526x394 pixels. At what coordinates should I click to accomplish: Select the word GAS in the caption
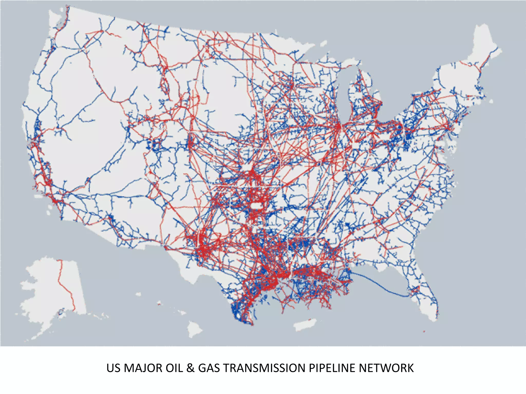coord(209,368)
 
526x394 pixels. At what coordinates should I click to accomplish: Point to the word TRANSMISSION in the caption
coord(264,368)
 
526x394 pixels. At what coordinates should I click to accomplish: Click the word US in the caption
coord(113,368)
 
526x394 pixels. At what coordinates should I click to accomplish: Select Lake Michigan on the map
coord(344,95)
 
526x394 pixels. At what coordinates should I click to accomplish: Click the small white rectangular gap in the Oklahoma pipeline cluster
coord(256,206)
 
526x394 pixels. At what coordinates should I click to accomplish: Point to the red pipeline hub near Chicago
coord(338,127)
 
